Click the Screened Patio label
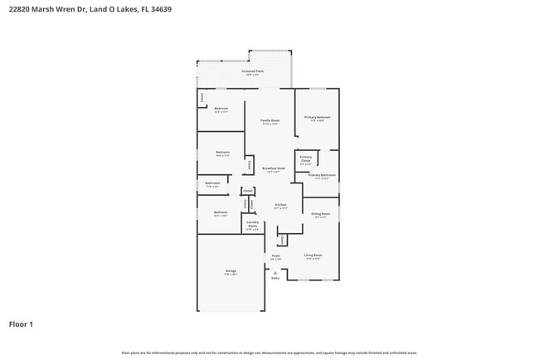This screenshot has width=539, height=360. (253, 71)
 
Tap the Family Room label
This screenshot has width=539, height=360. (270, 120)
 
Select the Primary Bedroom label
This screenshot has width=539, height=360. (317, 117)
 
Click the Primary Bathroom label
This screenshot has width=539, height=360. (322, 175)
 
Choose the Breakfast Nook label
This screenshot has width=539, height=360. (274, 168)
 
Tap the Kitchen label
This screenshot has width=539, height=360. (280, 205)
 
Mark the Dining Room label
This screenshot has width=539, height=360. (319, 214)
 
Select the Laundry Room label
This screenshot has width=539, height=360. (253, 226)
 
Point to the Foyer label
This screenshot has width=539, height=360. (275, 255)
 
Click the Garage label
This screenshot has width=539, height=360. (231, 271)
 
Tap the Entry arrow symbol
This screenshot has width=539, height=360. (275, 273)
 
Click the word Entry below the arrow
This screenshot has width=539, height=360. (275, 279)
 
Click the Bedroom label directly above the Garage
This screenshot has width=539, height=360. (221, 212)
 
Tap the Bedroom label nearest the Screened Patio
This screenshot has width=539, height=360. (221, 109)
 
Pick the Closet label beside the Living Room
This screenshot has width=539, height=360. (283, 241)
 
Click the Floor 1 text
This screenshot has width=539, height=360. (21, 324)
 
